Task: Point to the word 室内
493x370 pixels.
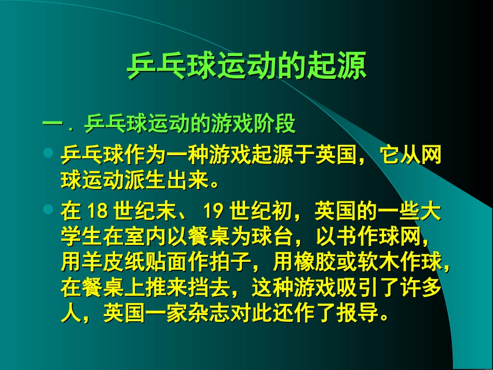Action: click(146, 238)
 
